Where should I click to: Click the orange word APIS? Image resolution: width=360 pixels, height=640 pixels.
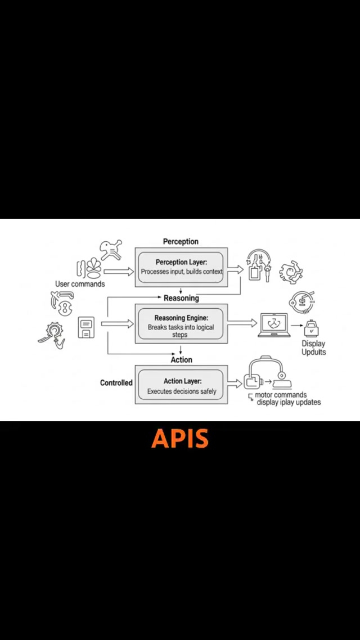pos(180,439)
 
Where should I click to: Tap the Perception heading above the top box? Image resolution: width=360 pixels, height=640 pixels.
pos(181,241)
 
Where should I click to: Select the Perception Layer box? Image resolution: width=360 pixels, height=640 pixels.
pos(181,267)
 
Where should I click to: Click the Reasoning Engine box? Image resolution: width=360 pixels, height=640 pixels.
pos(181,323)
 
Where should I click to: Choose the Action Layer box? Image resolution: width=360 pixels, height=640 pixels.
pos(181,385)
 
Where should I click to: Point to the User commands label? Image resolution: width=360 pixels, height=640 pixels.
pos(80,284)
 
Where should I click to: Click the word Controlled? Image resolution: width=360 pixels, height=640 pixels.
pos(116,383)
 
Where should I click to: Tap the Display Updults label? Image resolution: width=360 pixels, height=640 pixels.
pos(313,348)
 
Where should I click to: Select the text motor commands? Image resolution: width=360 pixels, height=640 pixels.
pos(281,395)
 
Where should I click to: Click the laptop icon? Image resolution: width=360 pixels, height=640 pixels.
pos(273,326)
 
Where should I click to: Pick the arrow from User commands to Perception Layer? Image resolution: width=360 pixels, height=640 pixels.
pos(119,272)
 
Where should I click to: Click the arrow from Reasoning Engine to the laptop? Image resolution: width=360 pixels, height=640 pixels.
pos(242,322)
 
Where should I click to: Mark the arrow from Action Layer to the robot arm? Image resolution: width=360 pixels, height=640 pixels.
pos(236,384)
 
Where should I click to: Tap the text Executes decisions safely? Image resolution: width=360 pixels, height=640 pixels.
pos(181,391)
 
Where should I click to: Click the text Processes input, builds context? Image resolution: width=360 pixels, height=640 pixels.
pos(181,272)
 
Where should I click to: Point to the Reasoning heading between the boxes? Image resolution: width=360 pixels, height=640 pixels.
pos(181,298)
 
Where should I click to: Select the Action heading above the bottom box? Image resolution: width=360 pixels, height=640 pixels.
pos(181,360)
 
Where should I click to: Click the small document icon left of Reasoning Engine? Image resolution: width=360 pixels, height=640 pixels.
pos(86,328)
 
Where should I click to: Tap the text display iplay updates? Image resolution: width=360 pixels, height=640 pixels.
pos(289,403)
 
